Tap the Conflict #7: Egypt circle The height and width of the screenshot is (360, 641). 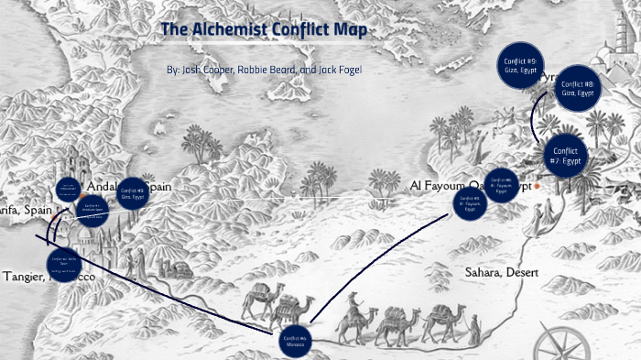pos(569,157)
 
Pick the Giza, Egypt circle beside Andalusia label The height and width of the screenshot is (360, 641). pos(132,193)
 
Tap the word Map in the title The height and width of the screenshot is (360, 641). pos(353,30)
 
